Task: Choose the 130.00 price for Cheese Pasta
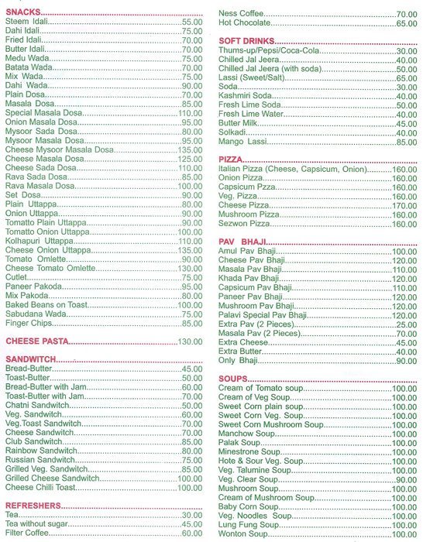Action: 191,341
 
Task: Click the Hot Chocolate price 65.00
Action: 407,24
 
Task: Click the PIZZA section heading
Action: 232,159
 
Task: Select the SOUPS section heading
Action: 232,379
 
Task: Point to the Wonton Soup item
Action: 242,534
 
